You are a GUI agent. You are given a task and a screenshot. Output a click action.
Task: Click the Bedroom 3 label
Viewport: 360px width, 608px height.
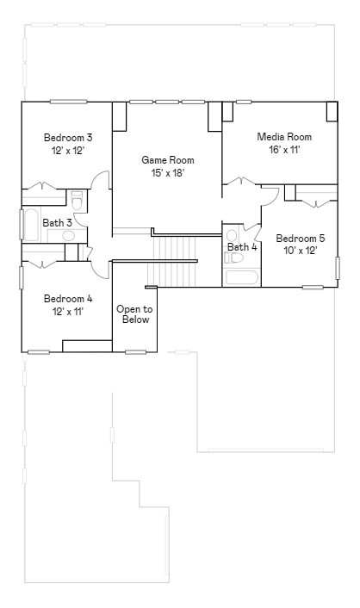(x=68, y=137)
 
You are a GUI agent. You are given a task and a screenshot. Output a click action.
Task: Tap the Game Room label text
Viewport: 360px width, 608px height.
(x=167, y=160)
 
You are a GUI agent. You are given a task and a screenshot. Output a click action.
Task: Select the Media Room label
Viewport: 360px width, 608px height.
(x=283, y=137)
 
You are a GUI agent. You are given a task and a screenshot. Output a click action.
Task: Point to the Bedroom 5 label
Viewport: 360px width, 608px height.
(x=300, y=239)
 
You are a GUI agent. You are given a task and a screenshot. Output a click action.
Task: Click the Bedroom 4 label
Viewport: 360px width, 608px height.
(x=68, y=299)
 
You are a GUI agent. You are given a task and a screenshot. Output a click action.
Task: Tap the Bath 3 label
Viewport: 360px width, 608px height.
(x=57, y=222)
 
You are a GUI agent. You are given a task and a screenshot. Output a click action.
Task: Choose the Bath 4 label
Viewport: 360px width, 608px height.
(x=242, y=247)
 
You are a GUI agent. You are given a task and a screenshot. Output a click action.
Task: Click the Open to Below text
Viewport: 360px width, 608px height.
(x=134, y=314)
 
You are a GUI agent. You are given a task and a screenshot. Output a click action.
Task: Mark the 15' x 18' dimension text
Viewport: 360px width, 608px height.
(x=167, y=172)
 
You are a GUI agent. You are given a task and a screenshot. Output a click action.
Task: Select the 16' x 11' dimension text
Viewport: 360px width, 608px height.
(x=283, y=149)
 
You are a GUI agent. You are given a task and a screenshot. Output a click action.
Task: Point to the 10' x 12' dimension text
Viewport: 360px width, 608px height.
(x=300, y=251)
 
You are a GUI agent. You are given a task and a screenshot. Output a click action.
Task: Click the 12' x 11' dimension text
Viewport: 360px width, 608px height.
(x=68, y=311)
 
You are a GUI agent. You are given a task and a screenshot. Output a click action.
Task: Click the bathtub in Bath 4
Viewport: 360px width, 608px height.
(x=241, y=277)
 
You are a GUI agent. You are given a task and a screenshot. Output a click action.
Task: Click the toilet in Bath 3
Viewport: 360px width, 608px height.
(x=77, y=202)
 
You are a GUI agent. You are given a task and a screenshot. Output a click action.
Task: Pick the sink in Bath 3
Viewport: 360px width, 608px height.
(x=68, y=235)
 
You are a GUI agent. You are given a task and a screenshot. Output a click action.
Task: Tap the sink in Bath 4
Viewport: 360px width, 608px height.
(x=232, y=236)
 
